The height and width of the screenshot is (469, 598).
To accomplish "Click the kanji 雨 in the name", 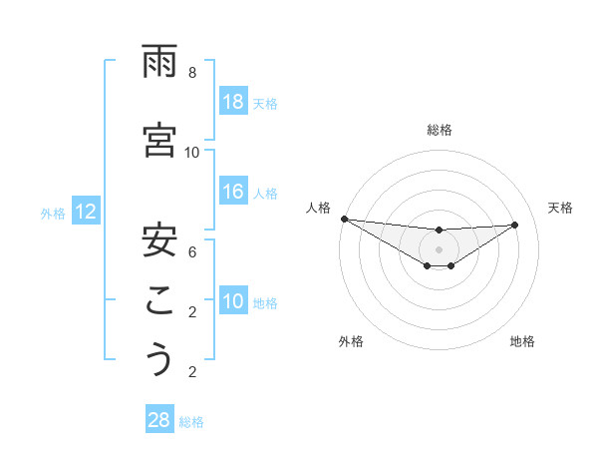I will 159,64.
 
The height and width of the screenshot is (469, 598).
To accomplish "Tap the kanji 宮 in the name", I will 159,141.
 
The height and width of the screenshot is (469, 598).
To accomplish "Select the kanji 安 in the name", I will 159,239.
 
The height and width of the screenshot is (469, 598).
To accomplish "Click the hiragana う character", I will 159,359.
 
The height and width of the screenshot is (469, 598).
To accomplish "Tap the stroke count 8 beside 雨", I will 192,73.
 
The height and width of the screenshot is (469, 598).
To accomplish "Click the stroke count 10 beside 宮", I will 192,152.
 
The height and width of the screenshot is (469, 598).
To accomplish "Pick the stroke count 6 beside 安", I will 192,251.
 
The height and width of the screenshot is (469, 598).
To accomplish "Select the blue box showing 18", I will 233,102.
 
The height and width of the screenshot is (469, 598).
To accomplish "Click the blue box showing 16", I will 233,192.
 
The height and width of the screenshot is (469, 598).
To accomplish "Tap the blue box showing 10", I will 233,301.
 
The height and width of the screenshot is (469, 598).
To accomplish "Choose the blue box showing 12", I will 85,212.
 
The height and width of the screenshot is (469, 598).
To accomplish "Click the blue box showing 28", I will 159,420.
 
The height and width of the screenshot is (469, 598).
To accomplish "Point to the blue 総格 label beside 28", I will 192,422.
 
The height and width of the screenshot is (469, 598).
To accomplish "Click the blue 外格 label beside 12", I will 53,213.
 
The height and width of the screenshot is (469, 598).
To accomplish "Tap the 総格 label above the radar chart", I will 439,130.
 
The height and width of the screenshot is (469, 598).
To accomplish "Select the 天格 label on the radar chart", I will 560,208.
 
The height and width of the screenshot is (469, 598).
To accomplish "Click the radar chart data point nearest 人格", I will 344,219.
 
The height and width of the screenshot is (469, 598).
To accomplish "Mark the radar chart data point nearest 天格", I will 515,225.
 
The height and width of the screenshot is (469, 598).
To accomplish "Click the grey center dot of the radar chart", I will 439,249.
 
